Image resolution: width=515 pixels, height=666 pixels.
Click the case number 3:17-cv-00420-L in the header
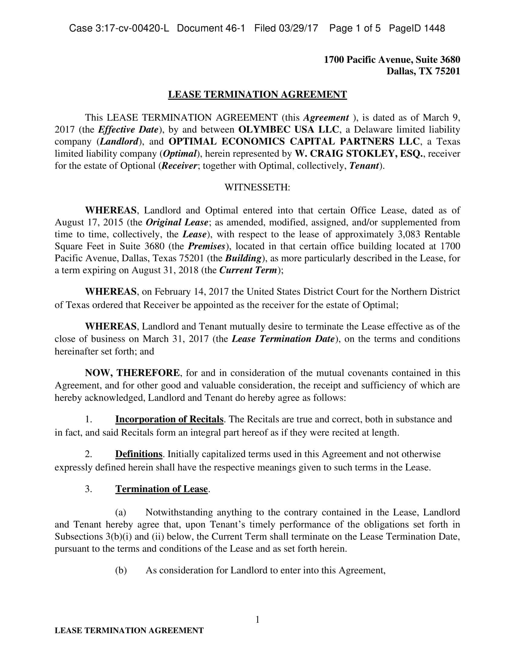pos(119,28)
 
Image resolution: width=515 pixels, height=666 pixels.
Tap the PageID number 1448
pos(434,28)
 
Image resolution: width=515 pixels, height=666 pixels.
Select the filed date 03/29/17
pos(298,28)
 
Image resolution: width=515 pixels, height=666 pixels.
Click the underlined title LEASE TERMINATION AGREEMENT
pos(257,94)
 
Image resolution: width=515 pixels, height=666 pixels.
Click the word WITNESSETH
pos(257,187)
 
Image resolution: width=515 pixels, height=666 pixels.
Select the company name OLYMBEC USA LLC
pos(288,130)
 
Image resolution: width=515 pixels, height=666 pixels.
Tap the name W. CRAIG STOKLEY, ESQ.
pos(359,154)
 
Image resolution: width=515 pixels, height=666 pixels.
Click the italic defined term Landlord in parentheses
pos(119,142)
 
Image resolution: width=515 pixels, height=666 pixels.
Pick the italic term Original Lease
pos(177,222)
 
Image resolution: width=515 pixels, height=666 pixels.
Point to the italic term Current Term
pos(248,270)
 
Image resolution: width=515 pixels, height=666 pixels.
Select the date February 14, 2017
pos(191,292)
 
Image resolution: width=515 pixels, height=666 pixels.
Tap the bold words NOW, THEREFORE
pos(132,373)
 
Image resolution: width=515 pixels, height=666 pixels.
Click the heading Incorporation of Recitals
pos(169,419)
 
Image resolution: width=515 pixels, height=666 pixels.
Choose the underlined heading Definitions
pos(139,454)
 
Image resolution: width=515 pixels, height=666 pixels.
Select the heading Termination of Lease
pos(161,489)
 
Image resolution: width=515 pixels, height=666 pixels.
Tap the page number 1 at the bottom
pos(257,620)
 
